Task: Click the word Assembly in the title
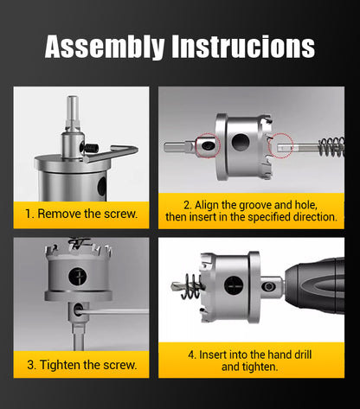click(x=105, y=47)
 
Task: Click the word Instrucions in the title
click(x=243, y=46)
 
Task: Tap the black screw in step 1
click(x=90, y=148)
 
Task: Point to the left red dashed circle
click(x=208, y=145)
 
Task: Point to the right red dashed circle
click(x=280, y=145)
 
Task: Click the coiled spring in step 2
click(x=331, y=147)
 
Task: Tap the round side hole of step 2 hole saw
click(x=241, y=142)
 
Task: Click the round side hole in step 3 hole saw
click(x=78, y=277)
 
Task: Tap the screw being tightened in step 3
click(x=78, y=310)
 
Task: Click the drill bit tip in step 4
click(x=174, y=286)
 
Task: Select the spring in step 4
click(x=190, y=286)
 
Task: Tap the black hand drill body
click(x=314, y=287)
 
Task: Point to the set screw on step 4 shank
click(x=268, y=286)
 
